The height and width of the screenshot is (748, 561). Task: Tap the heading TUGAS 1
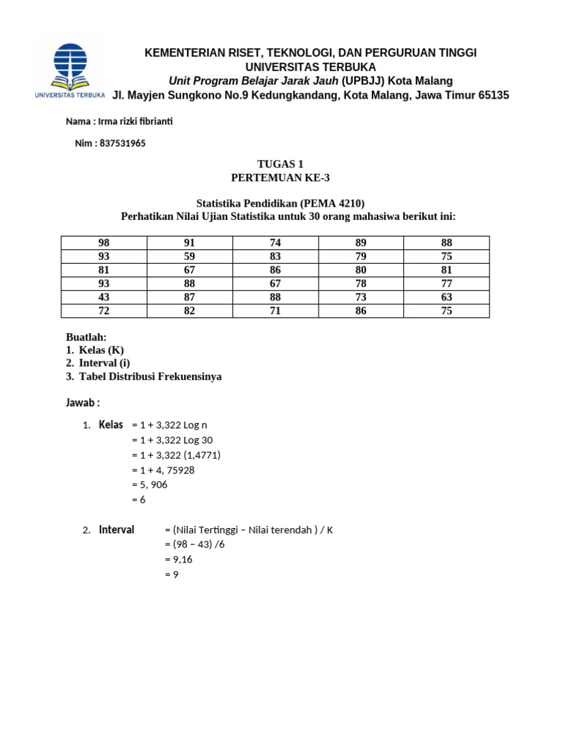coord(280,164)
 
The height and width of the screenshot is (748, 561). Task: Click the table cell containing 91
coord(189,243)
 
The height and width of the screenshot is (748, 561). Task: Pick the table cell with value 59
coord(189,256)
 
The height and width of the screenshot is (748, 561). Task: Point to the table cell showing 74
coord(275,243)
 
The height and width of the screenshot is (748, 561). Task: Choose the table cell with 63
coord(446,297)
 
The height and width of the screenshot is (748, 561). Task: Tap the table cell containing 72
coord(104,311)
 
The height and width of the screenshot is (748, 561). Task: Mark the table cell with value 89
coord(361,243)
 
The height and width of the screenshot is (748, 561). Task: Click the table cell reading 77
coord(446,283)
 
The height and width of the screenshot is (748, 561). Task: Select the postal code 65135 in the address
coord(493,95)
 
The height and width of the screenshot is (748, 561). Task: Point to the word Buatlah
coord(86,337)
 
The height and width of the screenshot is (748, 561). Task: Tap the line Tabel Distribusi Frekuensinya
coord(150,376)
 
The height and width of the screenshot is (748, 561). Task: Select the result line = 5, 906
coord(150,484)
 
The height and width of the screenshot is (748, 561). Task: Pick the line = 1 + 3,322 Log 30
coord(172,440)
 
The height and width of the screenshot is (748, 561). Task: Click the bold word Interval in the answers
coord(117,530)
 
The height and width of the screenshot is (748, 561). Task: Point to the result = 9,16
coord(180,560)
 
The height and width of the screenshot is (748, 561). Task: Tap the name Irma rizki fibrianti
coord(130,121)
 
